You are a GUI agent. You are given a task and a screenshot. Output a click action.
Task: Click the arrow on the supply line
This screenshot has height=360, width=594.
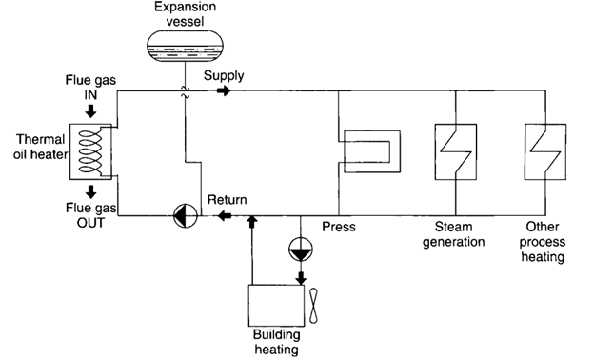click(x=223, y=91)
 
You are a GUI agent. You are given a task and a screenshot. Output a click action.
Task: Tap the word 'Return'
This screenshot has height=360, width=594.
click(x=228, y=199)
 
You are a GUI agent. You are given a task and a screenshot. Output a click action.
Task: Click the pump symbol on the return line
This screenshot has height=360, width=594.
click(x=182, y=216)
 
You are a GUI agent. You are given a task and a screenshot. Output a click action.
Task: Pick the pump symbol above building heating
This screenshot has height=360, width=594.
click(x=300, y=250)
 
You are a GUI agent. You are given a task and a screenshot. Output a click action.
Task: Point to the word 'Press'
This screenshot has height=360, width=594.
click(x=339, y=228)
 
